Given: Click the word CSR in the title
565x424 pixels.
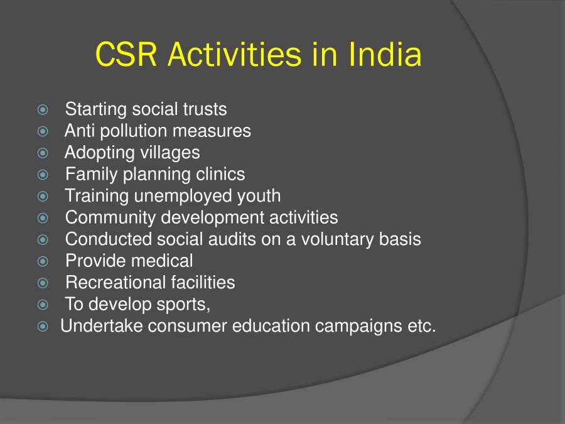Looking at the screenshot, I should coord(127,55).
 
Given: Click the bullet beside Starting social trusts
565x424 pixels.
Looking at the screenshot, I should coord(43,110).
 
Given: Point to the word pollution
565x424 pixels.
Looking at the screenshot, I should coord(139,131).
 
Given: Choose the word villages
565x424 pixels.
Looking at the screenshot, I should coord(169,153).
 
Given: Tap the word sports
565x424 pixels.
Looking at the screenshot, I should coord(185,305).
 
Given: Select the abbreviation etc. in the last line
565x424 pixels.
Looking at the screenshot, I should coord(420,327).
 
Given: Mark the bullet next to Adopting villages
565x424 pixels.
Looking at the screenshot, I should coord(43,153).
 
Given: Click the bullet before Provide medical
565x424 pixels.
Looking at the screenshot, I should coord(43,261).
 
